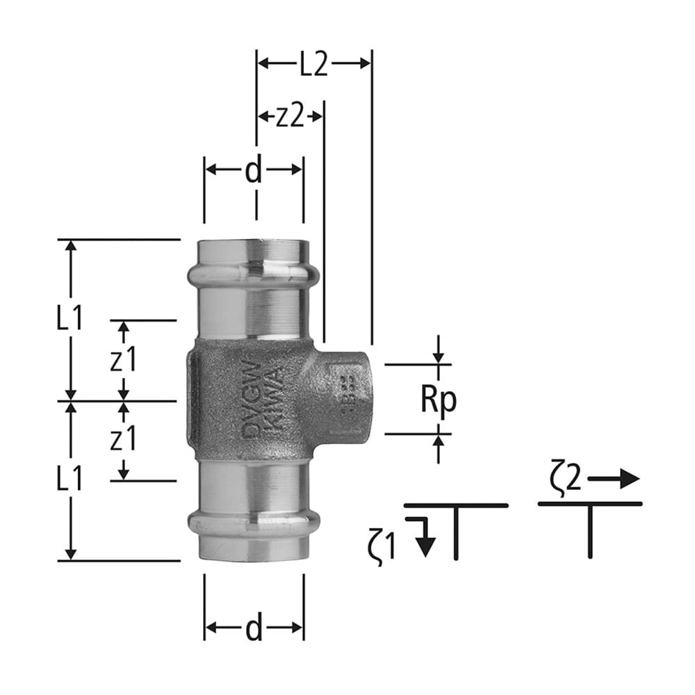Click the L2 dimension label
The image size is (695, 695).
313,64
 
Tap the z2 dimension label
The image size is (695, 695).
290,117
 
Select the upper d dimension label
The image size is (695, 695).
254,170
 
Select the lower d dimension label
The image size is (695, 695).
254,628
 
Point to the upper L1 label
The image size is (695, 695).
70,319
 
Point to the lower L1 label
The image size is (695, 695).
70,479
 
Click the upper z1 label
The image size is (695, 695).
124,360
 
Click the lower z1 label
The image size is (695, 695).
124,440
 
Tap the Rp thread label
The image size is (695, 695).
438,400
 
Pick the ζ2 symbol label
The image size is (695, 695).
566,480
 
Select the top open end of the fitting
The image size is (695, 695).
254,246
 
